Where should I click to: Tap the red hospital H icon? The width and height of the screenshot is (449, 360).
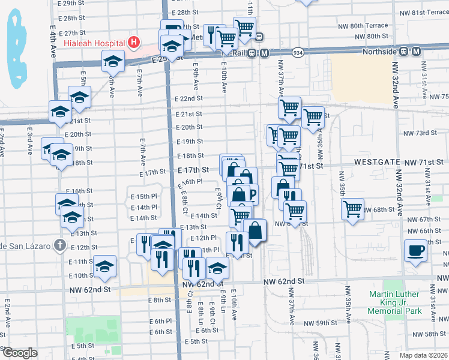click(134, 43)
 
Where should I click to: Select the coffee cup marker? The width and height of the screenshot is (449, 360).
click(415, 250)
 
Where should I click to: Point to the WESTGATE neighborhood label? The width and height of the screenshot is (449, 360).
click(376, 162)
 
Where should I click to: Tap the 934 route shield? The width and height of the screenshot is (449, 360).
click(298, 53)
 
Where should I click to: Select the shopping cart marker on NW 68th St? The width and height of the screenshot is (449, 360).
click(352, 209)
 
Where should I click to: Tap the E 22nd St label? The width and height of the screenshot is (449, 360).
click(189, 98)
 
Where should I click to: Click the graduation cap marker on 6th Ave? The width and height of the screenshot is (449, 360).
click(112, 61)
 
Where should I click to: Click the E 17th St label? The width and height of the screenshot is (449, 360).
click(193, 170)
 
